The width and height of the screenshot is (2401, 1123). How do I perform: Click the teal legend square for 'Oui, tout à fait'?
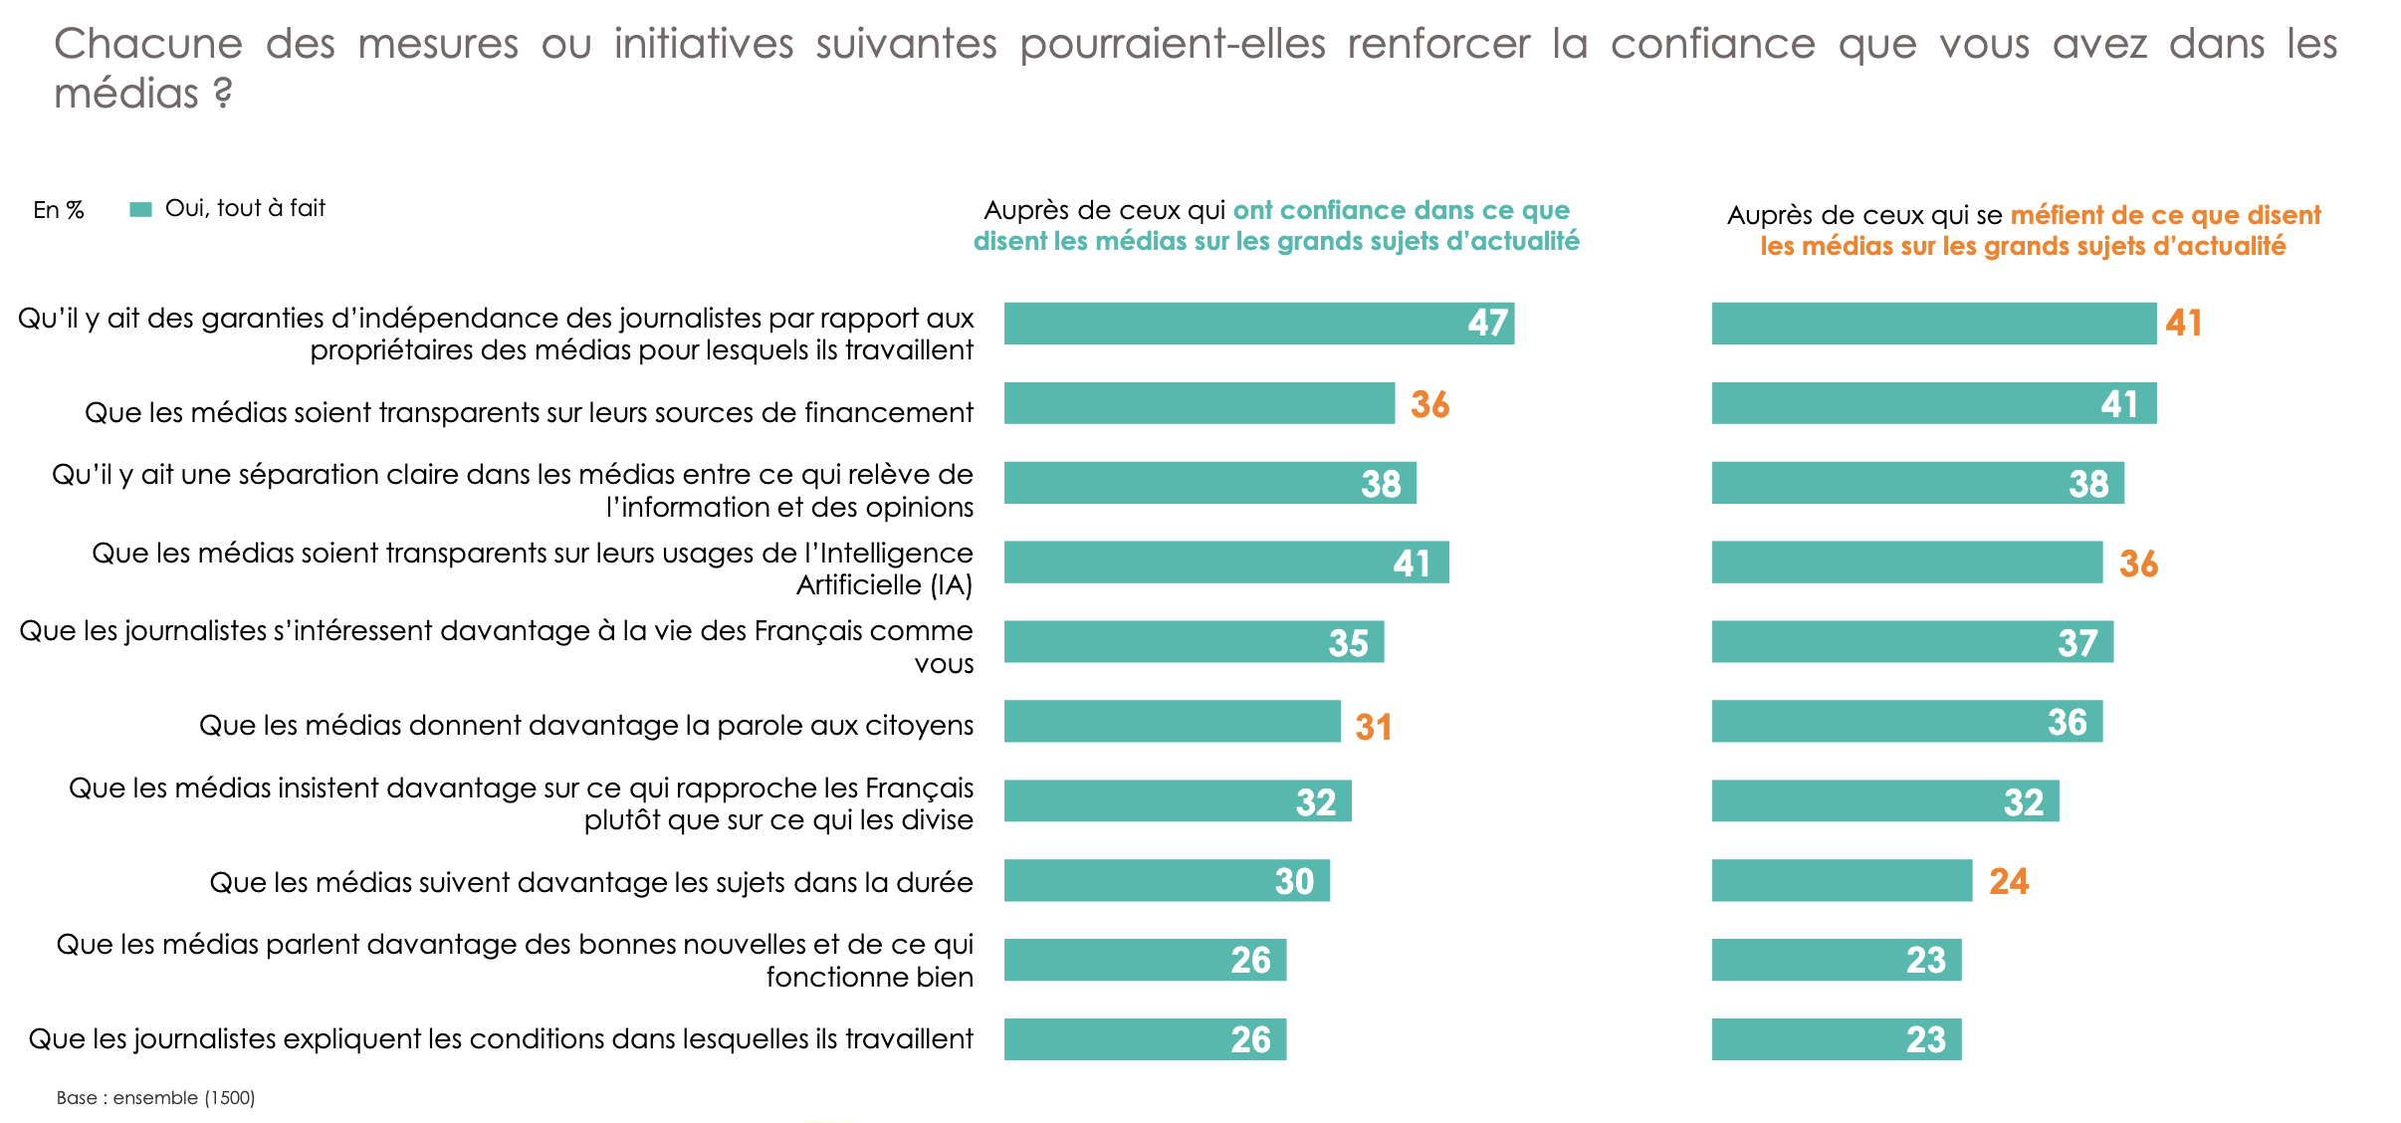coord(140,209)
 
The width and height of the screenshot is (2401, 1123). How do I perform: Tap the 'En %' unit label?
coord(58,210)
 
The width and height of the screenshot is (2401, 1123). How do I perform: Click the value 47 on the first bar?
coord(1487,324)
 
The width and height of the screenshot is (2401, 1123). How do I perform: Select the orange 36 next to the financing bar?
coord(1429,404)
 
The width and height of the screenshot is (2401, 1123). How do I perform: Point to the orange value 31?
coord(1373,728)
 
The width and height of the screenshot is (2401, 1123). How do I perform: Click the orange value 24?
coord(2009,882)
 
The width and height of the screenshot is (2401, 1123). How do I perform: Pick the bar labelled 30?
coord(1166,881)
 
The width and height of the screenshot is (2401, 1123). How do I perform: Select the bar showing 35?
coord(1193,642)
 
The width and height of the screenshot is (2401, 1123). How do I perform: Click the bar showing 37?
coord(1911,642)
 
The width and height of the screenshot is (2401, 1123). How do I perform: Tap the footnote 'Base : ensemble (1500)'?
coord(155,1098)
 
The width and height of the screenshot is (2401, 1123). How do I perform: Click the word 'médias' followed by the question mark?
coord(126,95)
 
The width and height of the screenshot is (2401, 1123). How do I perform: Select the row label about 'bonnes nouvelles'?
coord(515,961)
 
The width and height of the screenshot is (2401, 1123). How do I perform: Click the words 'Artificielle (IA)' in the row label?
coord(884,585)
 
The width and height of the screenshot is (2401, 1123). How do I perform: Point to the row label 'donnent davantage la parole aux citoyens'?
coord(585,725)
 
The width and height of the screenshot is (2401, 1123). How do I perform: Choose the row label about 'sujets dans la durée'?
coord(590,883)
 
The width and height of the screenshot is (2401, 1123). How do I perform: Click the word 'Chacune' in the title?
coord(148,45)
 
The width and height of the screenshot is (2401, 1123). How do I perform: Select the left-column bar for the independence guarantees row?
coord(1258,324)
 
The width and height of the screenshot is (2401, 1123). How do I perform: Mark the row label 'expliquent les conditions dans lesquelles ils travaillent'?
coord(501,1039)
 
